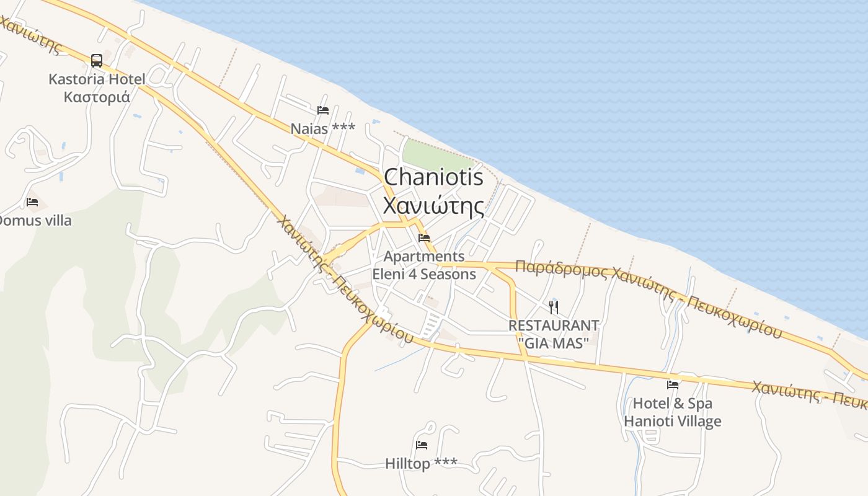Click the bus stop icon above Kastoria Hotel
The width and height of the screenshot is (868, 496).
97,61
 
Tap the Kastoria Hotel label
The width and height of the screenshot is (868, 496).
97,79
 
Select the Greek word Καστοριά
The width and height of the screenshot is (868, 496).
97,97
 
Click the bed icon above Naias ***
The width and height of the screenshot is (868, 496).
322,110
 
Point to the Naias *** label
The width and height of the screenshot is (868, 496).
322,128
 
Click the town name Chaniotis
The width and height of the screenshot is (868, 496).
433,177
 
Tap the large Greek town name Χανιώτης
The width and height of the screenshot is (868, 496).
433,205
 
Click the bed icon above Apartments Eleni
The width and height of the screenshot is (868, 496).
424,237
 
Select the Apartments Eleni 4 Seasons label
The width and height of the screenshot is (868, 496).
424,265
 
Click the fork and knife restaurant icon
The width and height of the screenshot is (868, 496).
554,306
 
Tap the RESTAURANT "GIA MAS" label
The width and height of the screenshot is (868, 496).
553,334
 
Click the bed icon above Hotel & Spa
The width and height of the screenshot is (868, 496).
673,384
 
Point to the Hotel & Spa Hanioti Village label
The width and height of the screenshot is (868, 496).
673,412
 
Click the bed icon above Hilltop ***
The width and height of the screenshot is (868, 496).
422,445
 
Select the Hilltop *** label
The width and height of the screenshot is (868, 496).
421,463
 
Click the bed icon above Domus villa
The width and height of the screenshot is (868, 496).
32,202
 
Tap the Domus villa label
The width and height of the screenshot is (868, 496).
34,220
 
